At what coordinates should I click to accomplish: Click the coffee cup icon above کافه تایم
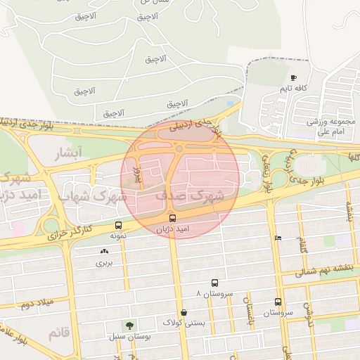tap(293, 77)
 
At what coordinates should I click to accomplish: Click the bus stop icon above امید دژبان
tap(172, 217)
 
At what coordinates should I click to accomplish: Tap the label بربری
tap(104, 263)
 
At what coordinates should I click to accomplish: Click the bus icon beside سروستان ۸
tap(214, 283)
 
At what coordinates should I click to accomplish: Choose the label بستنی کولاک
tap(184, 323)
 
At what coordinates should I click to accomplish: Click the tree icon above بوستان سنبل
tap(129, 325)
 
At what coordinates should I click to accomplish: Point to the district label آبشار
tap(69, 153)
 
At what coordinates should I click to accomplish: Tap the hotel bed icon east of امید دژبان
tap(278, 238)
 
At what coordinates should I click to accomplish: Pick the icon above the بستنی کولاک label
tap(184, 312)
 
